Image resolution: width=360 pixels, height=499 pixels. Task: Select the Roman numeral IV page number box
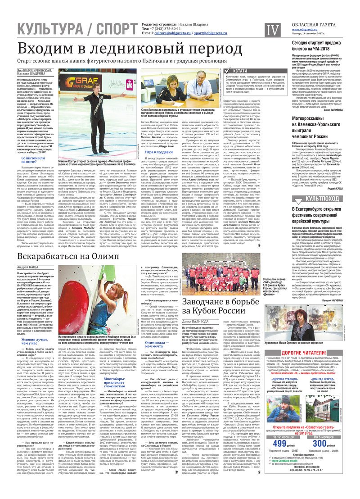(271, 30)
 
